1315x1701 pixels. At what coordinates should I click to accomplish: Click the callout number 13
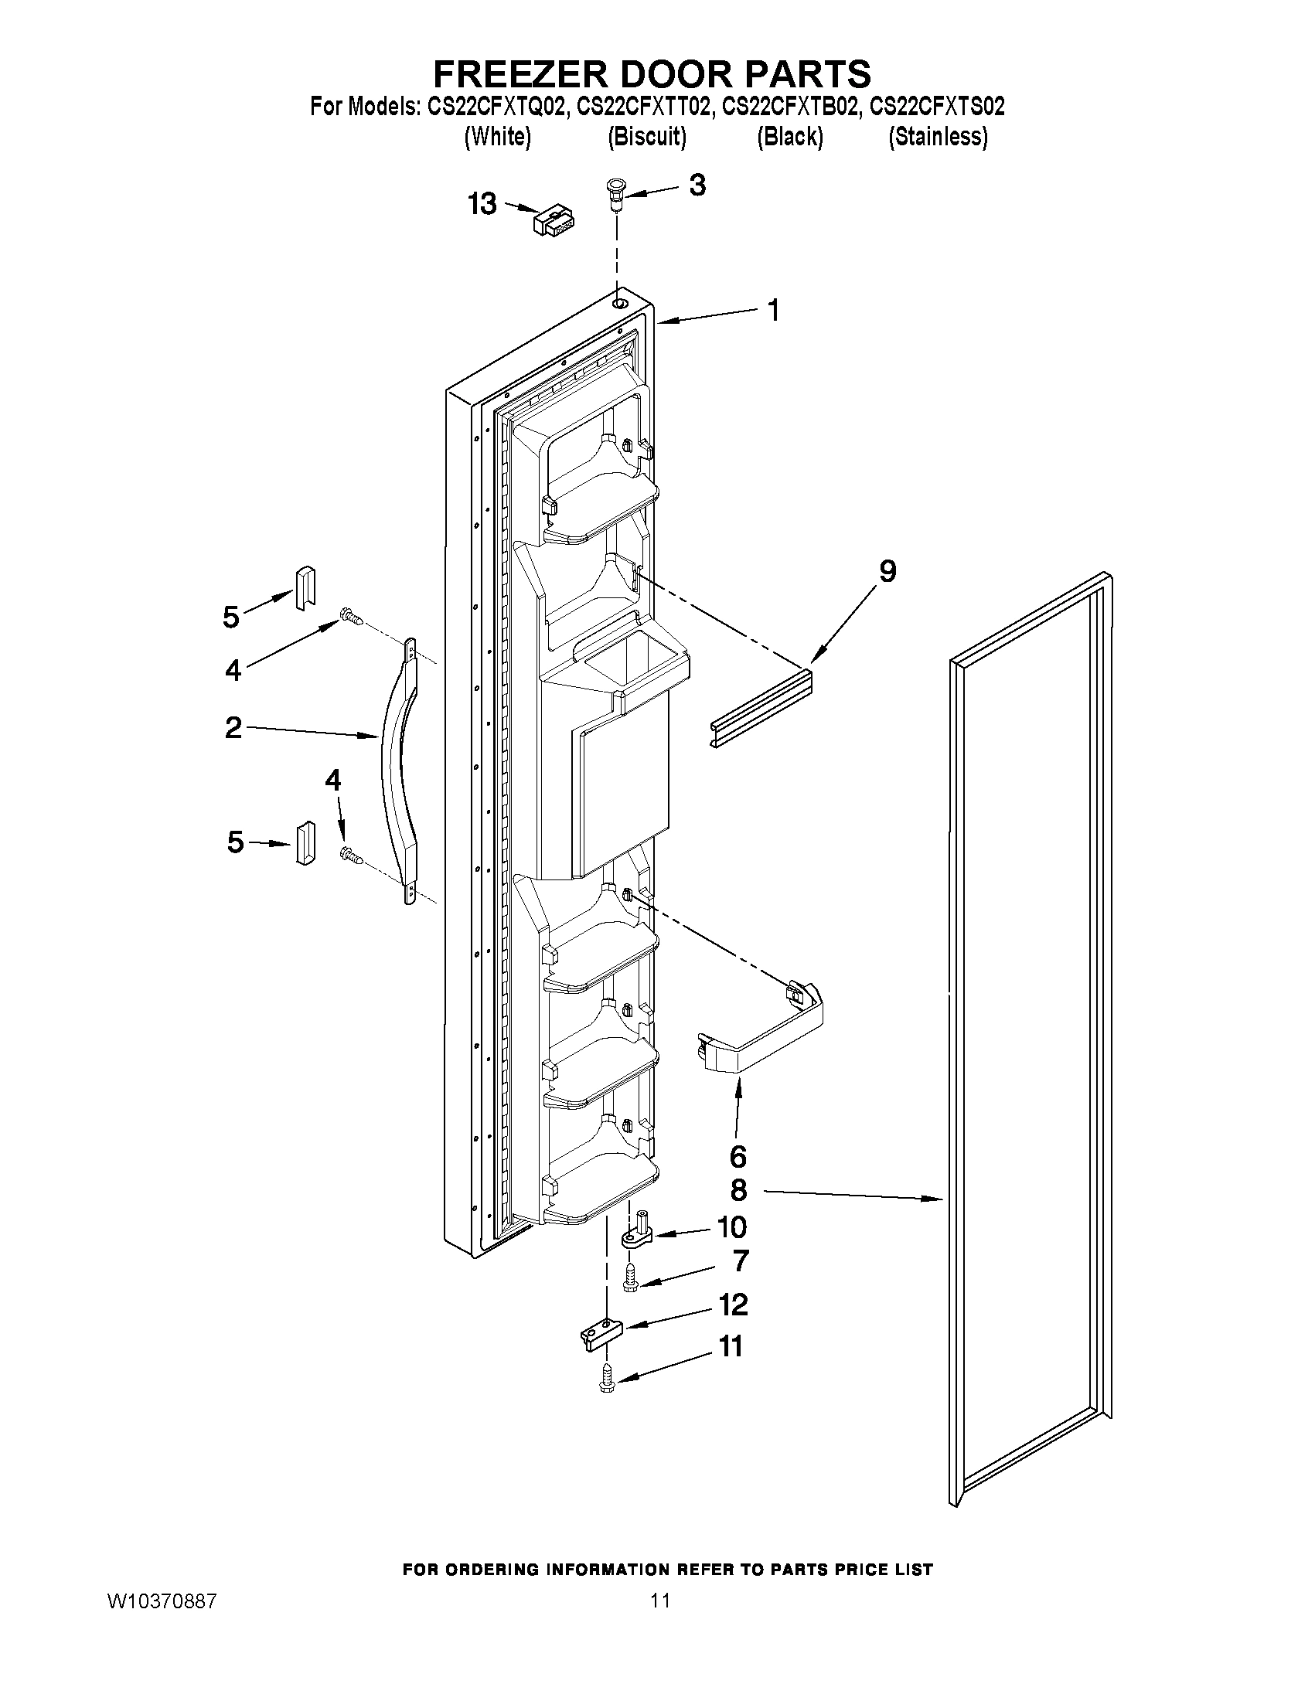(x=482, y=205)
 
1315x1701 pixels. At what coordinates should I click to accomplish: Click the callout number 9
(x=887, y=573)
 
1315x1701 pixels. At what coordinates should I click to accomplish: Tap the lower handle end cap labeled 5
(x=305, y=842)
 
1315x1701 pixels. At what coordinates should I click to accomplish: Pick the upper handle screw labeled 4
(x=351, y=619)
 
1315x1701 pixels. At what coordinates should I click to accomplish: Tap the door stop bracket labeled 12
(x=601, y=1331)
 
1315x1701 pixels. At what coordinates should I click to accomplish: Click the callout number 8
(x=738, y=1189)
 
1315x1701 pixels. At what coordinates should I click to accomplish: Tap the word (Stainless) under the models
(x=938, y=137)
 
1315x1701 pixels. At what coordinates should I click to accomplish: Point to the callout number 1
(x=773, y=310)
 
